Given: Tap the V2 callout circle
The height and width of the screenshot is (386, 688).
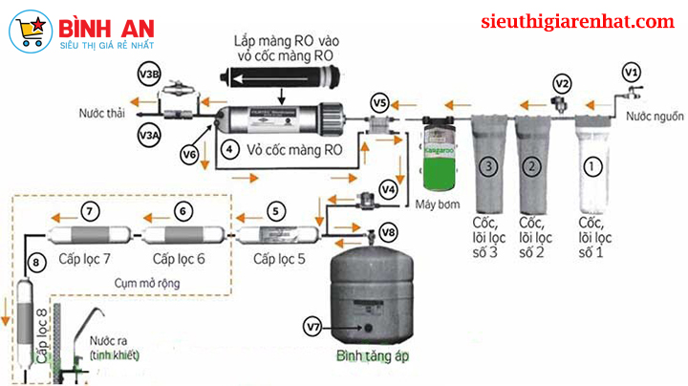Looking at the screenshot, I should [x=563, y=82].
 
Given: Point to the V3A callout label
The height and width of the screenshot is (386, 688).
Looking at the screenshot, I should [x=150, y=136].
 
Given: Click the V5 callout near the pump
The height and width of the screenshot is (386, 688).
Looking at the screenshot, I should [x=380, y=102].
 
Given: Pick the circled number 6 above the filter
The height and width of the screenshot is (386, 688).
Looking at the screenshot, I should [x=183, y=209].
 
